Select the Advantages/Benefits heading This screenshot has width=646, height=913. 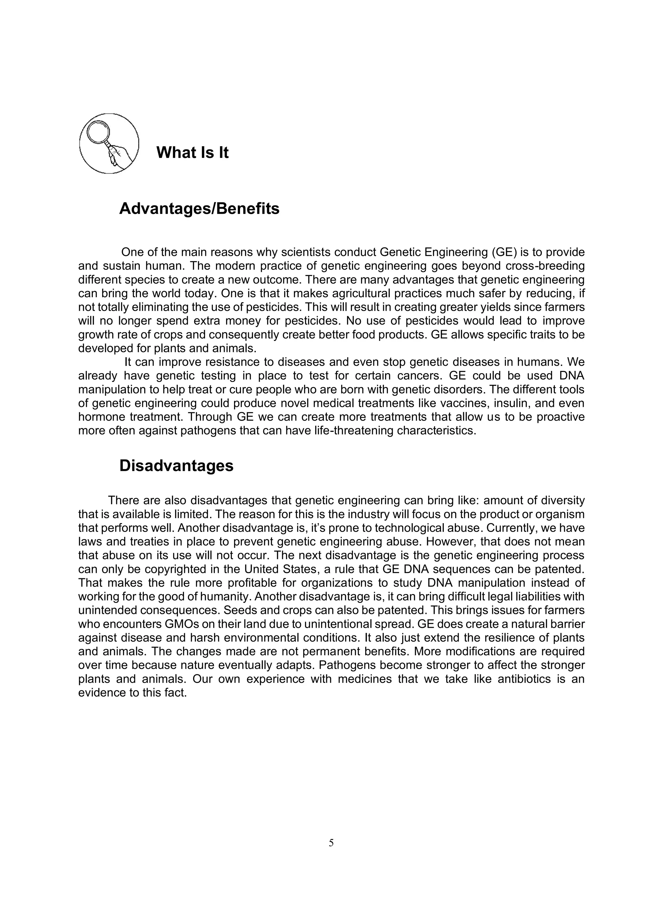(x=199, y=209)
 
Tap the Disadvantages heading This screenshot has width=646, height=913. (x=176, y=466)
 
